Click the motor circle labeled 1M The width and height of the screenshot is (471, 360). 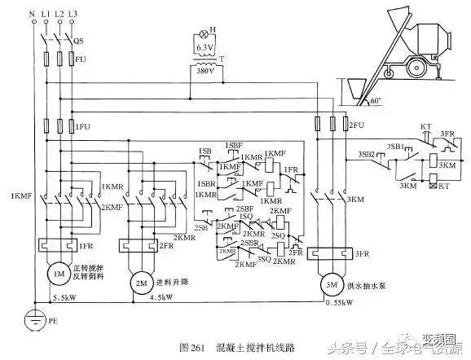pyautogui.click(x=59, y=274)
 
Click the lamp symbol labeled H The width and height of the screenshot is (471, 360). pyautogui.click(x=202, y=37)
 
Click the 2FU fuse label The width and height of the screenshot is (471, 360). pyautogui.click(x=354, y=125)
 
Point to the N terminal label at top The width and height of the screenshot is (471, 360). pyautogui.click(x=31, y=15)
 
